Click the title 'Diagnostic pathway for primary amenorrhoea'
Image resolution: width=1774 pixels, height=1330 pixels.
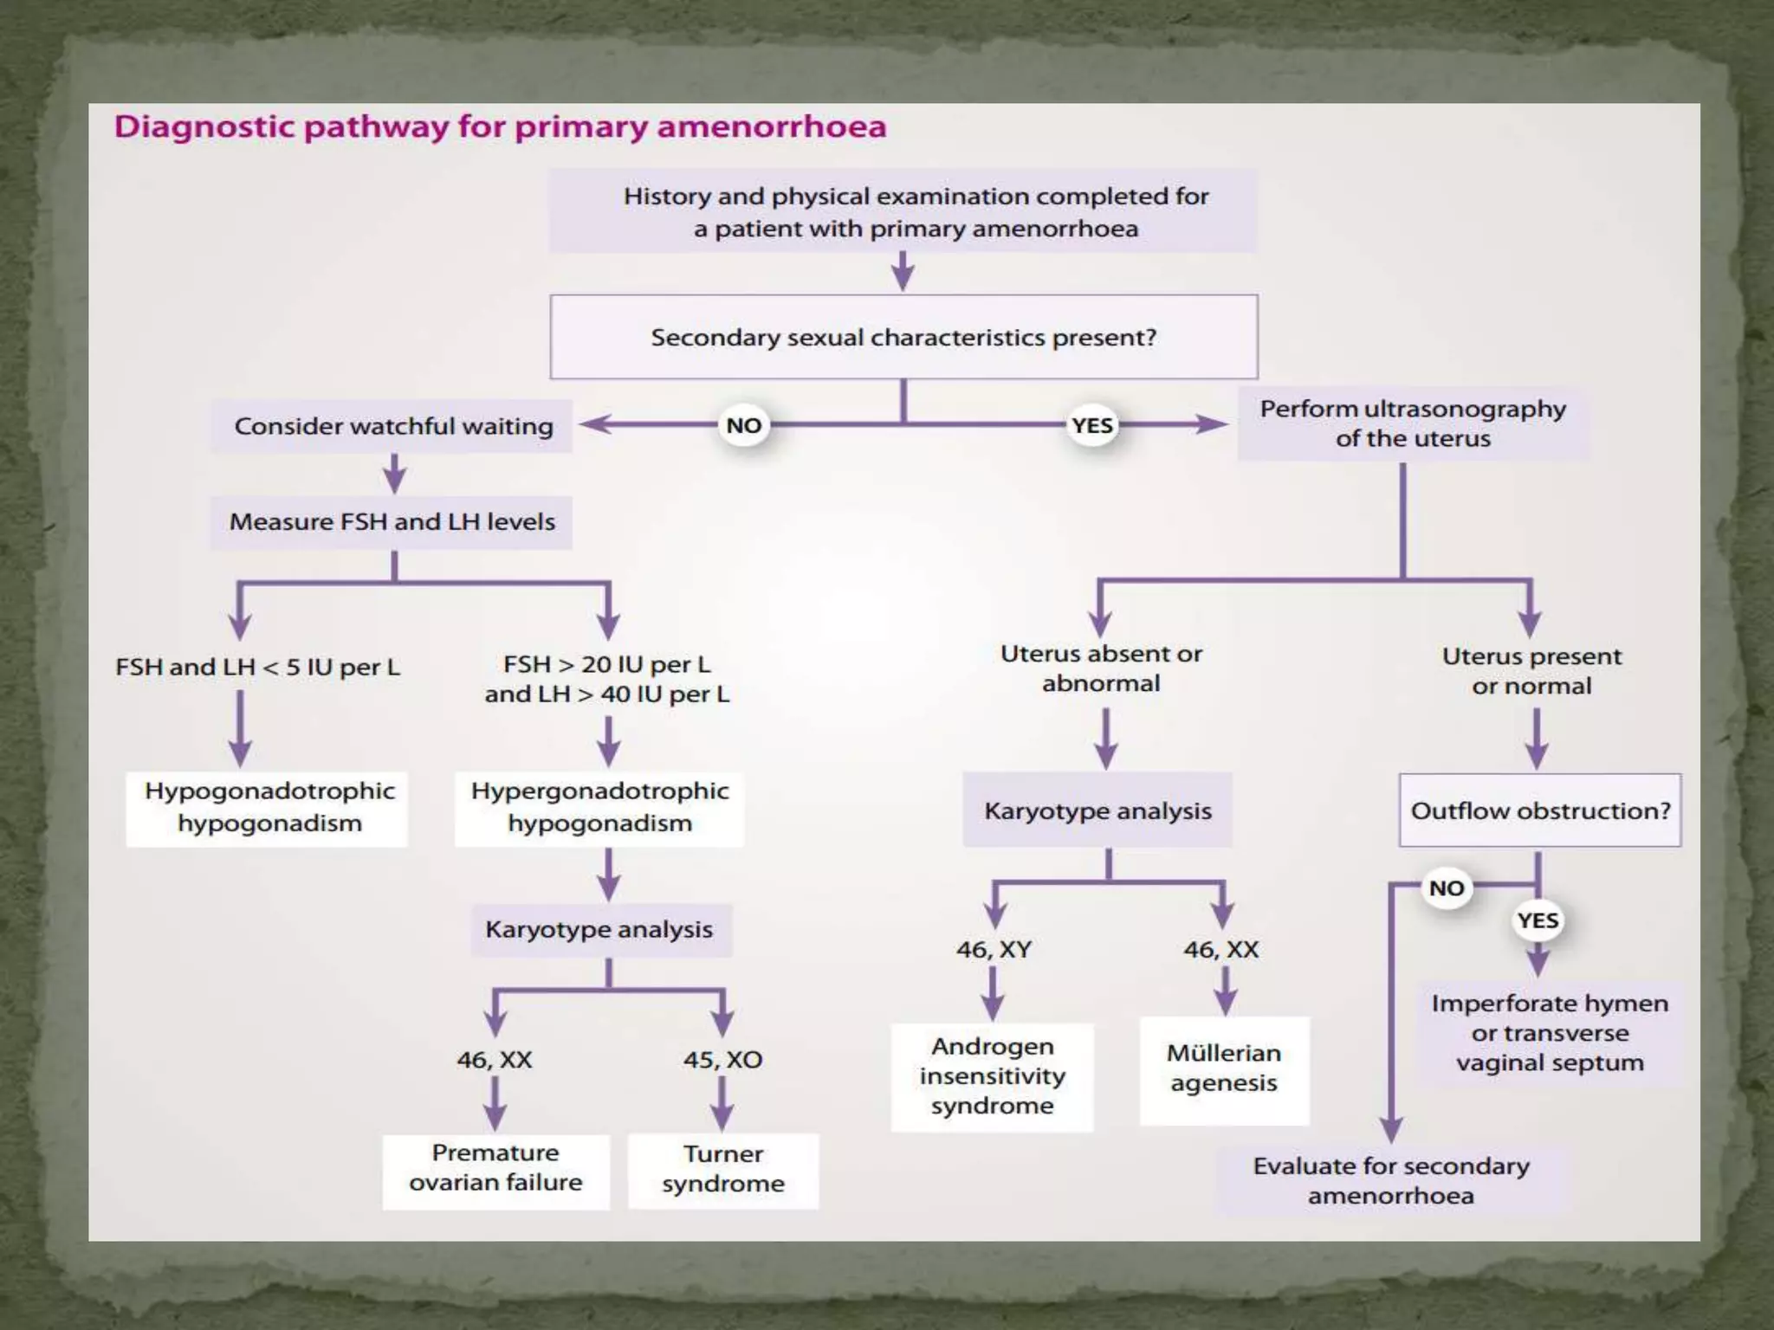(x=501, y=127)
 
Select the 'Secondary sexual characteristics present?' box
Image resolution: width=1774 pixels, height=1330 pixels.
(x=903, y=337)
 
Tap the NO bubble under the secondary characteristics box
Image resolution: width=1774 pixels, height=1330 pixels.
(x=743, y=425)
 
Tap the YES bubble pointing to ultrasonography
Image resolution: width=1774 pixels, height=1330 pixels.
(x=1091, y=425)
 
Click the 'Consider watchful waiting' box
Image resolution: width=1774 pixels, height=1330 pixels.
(x=392, y=426)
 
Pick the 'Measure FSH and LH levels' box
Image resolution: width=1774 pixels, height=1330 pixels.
(x=392, y=522)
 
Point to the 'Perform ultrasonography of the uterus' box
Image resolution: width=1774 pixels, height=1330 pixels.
(x=1413, y=423)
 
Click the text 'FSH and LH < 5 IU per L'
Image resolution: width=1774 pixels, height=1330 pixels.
(x=257, y=668)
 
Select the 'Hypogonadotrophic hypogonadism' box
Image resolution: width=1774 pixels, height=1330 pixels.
(x=269, y=807)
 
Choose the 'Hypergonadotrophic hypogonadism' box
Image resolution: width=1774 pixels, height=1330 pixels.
(x=599, y=807)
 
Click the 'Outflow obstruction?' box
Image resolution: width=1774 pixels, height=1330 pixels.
(x=1540, y=810)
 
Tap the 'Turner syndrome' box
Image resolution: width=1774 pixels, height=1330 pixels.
(x=723, y=1169)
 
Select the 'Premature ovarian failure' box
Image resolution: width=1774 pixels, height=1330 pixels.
(x=495, y=1168)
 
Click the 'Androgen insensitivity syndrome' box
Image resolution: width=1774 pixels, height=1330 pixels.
(x=993, y=1076)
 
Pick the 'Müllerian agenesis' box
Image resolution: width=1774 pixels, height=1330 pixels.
(x=1223, y=1069)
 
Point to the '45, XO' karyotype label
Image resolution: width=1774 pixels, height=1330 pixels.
(x=722, y=1060)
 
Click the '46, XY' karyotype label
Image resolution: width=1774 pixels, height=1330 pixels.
(x=994, y=950)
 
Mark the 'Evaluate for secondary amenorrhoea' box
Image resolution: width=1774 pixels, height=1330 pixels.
(x=1391, y=1180)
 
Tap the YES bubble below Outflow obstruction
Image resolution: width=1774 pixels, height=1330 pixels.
(x=1538, y=920)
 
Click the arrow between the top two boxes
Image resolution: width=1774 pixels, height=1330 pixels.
(x=903, y=272)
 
